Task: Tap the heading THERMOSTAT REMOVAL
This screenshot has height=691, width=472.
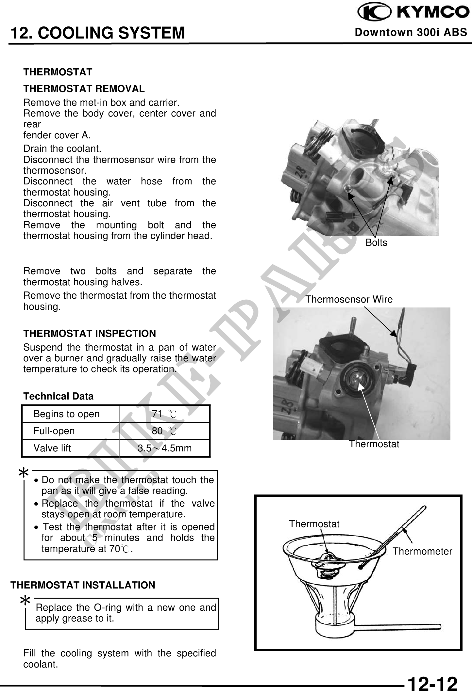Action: pyautogui.click(x=84, y=88)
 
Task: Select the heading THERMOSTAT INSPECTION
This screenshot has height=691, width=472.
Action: pyautogui.click(x=90, y=334)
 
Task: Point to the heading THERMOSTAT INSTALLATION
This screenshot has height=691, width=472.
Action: pyautogui.click(x=83, y=585)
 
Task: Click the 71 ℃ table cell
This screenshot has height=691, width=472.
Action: pyautogui.click(x=164, y=414)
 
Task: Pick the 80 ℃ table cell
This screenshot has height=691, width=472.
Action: pyautogui.click(x=164, y=431)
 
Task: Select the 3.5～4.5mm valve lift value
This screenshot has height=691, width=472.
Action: pyautogui.click(x=164, y=448)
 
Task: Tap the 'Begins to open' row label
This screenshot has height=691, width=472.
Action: pyautogui.click(x=66, y=414)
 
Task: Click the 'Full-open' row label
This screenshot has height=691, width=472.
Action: pyautogui.click(x=54, y=431)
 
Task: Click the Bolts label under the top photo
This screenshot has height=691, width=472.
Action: pyautogui.click(x=376, y=243)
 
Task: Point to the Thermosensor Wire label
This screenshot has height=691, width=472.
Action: pyautogui.click(x=349, y=299)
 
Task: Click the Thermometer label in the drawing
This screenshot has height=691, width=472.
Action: pyautogui.click(x=422, y=552)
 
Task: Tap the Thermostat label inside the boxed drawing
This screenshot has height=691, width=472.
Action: pyautogui.click(x=314, y=524)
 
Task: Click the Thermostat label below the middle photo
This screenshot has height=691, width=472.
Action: pyautogui.click(x=374, y=444)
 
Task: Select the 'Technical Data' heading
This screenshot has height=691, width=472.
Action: pyautogui.click(x=58, y=396)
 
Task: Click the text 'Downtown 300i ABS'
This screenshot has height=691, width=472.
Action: pyautogui.click(x=411, y=32)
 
